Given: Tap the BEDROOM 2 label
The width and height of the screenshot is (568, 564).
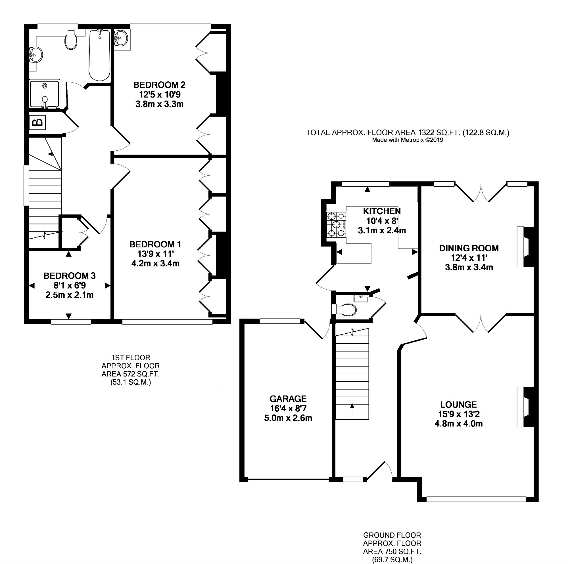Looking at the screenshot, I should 159,85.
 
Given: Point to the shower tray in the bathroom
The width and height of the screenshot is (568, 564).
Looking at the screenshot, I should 44,94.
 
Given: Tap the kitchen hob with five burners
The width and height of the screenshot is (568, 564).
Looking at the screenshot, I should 336,225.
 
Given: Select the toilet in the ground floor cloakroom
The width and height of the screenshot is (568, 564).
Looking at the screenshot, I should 346,309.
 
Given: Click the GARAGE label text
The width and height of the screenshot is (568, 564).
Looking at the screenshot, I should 288,399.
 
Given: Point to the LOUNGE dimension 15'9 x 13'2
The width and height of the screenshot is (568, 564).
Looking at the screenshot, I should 459,414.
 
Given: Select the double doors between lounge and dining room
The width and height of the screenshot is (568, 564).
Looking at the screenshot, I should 481,324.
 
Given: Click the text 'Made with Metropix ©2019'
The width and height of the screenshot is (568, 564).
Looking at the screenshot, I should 408,140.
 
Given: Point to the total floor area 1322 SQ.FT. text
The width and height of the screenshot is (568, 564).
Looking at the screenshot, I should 408,132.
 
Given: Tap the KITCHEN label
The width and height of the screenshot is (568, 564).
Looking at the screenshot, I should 382,211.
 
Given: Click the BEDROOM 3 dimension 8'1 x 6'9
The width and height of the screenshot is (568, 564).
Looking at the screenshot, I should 69,285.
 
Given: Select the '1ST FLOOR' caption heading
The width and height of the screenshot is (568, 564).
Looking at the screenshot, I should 131,357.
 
